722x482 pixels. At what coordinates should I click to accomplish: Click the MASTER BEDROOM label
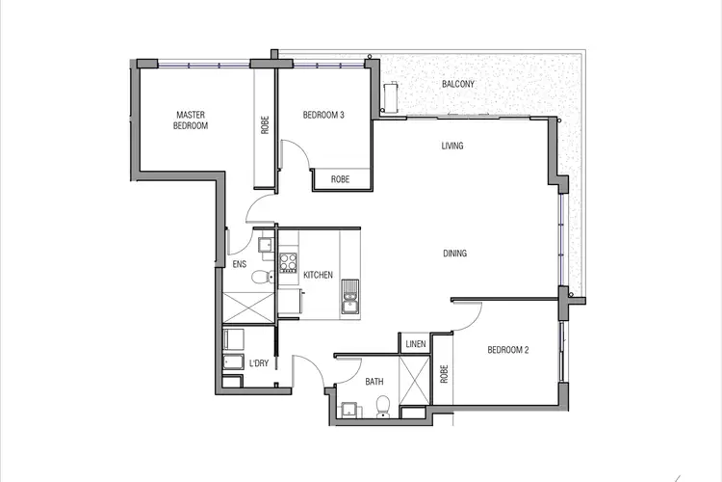191,120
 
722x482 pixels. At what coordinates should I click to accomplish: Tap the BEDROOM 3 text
322,115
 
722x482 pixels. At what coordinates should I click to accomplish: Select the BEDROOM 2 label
507,350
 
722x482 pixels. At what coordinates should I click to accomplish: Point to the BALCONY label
458,84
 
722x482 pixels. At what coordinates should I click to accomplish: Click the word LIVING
452,147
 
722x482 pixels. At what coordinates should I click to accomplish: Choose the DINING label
454,254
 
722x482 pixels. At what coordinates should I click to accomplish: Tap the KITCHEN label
318,275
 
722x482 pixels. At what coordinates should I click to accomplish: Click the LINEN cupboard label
415,343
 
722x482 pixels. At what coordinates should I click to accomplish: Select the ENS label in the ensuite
239,264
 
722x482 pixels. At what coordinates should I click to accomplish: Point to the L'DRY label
258,363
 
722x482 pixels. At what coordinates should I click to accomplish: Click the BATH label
374,382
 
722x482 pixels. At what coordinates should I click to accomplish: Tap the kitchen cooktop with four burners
288,262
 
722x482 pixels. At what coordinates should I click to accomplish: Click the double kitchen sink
348,296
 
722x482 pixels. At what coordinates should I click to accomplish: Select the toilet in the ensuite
261,279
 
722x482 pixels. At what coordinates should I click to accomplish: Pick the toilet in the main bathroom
383,407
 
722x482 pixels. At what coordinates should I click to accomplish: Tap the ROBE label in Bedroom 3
340,179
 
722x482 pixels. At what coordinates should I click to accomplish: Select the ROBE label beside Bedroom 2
444,373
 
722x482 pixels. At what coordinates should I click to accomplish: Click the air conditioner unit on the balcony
391,96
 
